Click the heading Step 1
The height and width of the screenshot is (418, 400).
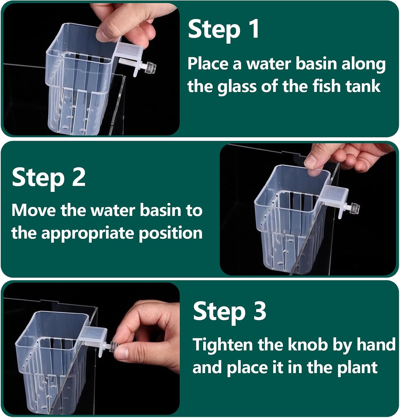[224, 29]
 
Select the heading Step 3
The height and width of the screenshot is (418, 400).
[229, 311]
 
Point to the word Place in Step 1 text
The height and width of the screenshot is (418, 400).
[208, 64]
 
